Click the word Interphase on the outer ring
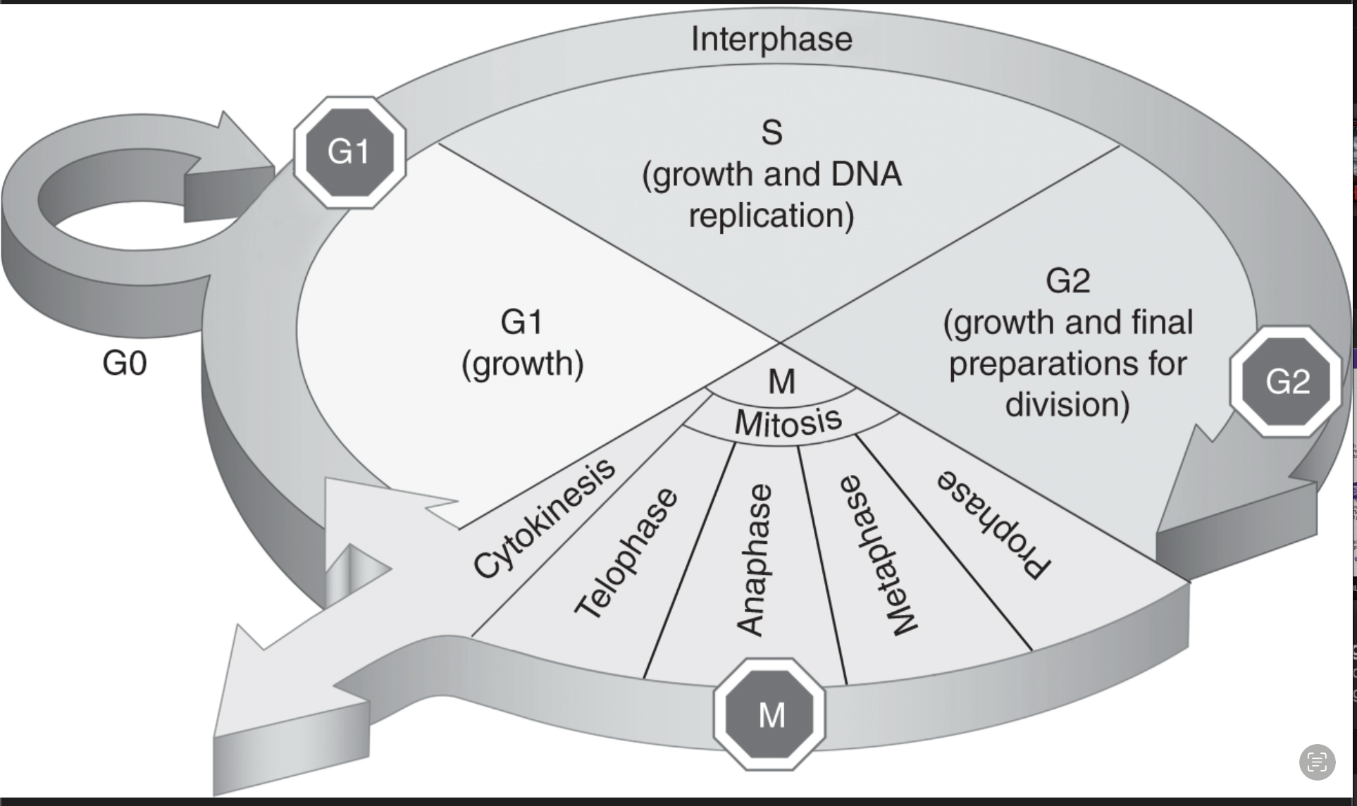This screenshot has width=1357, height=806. click(771, 39)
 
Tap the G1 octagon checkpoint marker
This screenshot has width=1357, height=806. click(349, 152)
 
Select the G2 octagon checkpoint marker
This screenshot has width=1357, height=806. click(1287, 381)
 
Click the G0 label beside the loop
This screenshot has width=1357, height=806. click(124, 364)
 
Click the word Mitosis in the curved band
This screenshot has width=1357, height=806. click(788, 421)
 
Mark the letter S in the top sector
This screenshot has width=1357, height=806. click(772, 132)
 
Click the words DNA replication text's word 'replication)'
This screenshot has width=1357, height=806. click(771, 216)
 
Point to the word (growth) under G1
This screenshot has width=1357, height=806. click(522, 364)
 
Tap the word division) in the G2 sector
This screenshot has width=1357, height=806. click(1067, 404)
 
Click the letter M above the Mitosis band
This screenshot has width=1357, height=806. click(781, 382)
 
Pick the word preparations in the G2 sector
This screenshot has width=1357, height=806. click(1067, 364)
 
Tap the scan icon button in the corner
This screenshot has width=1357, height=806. click(1316, 762)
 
